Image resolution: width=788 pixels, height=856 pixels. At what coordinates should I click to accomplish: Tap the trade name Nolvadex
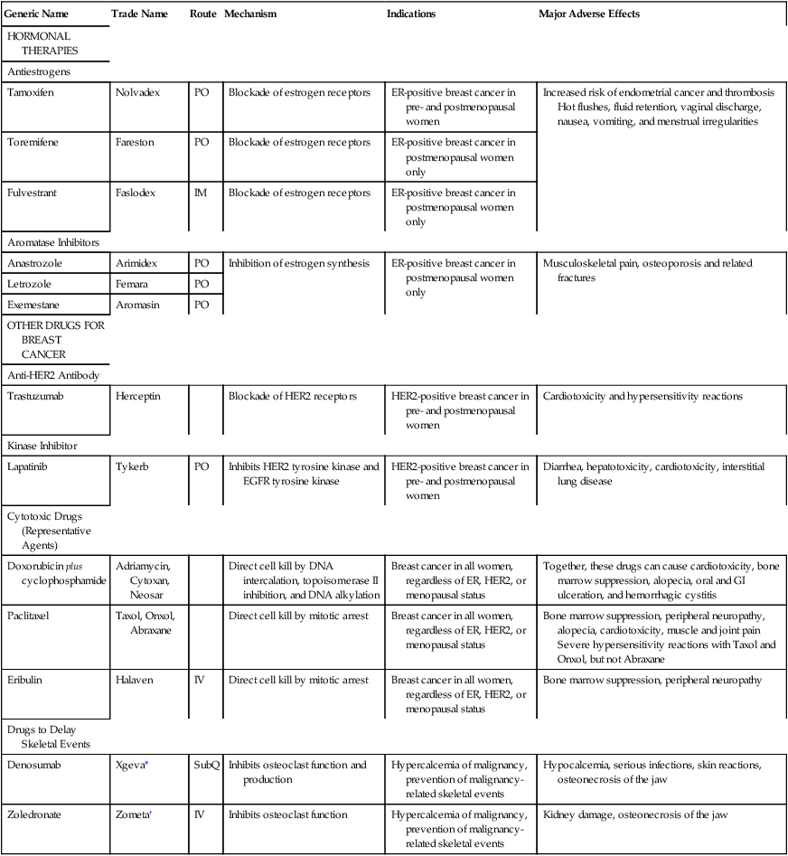click(x=137, y=92)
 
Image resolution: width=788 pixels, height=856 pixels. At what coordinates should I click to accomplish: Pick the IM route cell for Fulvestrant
click(x=200, y=193)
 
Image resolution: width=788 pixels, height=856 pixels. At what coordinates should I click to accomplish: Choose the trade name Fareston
click(x=136, y=143)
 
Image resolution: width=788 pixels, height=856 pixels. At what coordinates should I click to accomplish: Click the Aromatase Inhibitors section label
click(x=52, y=242)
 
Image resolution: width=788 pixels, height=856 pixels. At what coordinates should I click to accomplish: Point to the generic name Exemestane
click(x=33, y=305)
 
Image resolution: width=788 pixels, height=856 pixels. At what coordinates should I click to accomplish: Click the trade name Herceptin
click(x=139, y=397)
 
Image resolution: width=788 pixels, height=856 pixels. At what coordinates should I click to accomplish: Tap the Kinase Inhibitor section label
click(x=42, y=446)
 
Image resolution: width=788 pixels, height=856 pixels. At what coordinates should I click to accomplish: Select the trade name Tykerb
click(x=134, y=466)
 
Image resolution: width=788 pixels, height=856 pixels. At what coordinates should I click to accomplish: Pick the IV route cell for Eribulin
click(x=200, y=679)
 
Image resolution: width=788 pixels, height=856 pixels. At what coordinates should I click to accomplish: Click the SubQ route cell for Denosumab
click(x=205, y=766)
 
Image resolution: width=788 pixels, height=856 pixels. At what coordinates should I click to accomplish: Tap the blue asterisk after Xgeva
click(x=146, y=764)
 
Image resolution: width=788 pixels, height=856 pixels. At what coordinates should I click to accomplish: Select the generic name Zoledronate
click(x=34, y=815)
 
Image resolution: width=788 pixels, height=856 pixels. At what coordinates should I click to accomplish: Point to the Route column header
click(x=202, y=14)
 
